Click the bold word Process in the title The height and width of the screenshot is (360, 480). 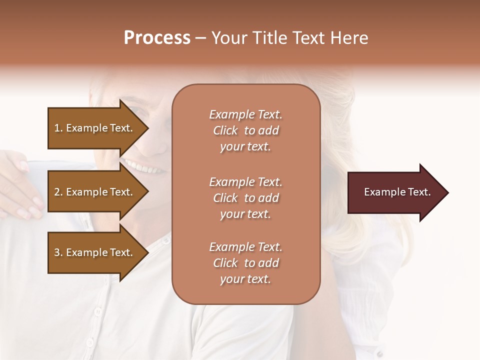[157, 38]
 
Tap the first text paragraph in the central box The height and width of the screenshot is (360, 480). [245, 130]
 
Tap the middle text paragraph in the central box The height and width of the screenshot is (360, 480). [245, 198]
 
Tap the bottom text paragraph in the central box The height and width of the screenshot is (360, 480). [245, 263]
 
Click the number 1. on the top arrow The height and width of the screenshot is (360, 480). [58, 128]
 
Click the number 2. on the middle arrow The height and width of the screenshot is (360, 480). [58, 192]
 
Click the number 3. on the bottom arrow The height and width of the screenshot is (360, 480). [58, 252]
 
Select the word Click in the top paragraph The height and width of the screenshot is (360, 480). [225, 130]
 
